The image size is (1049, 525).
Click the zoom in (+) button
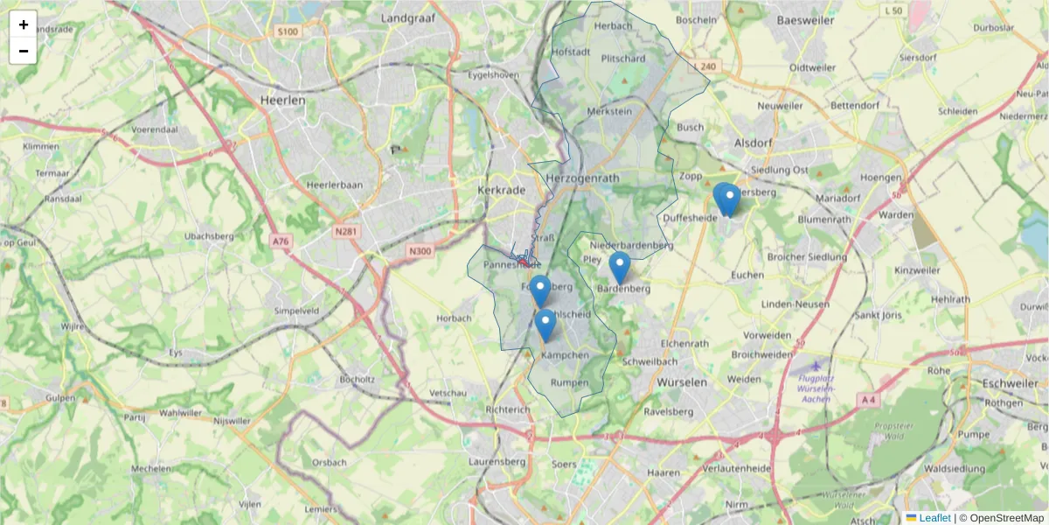24,24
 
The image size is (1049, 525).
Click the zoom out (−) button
24,51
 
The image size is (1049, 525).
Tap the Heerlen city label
283,101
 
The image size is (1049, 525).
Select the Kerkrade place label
501,190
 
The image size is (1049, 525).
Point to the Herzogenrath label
581,177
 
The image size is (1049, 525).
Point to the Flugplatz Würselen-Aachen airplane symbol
816,366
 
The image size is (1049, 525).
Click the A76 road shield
280,241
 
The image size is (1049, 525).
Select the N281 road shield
348,232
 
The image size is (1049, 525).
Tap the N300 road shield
420,251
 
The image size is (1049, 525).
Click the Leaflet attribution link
934,518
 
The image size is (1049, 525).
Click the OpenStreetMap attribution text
1001,518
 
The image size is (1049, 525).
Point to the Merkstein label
609,112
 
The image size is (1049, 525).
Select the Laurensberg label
496,460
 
